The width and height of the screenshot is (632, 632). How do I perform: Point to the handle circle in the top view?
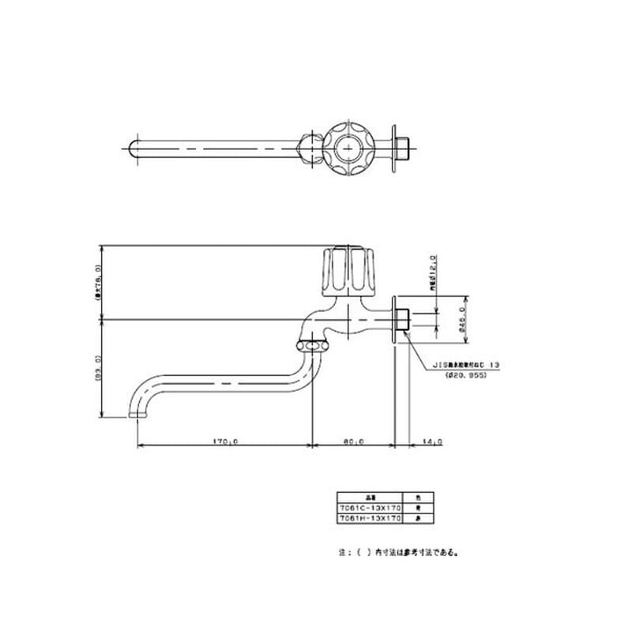[x=348, y=146]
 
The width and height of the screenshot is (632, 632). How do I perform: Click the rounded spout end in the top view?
[x=132, y=146]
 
